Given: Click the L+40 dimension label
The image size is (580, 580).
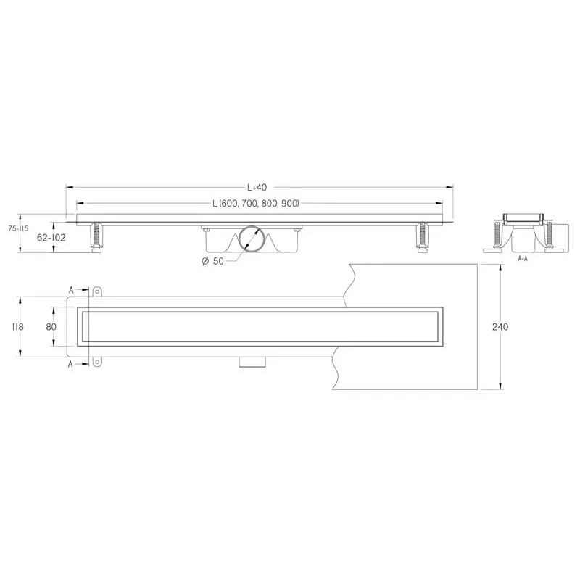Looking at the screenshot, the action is tap(257, 188).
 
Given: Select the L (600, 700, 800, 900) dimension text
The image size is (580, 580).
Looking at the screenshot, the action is tap(256, 204).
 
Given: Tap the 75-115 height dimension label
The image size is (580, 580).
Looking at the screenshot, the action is tap(19, 228).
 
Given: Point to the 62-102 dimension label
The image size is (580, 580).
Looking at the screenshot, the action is tap(51, 238).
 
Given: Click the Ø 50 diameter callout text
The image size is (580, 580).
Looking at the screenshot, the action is tap(213, 261).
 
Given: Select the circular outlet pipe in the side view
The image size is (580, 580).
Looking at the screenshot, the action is tap(251, 239).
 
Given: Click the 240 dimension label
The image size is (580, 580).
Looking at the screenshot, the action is tap(500, 327).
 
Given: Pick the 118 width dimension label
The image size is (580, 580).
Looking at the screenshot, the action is tap(17, 327).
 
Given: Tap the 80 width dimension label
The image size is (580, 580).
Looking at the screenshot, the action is tap(51, 327).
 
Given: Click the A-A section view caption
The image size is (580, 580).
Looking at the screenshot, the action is tap(523, 259).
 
